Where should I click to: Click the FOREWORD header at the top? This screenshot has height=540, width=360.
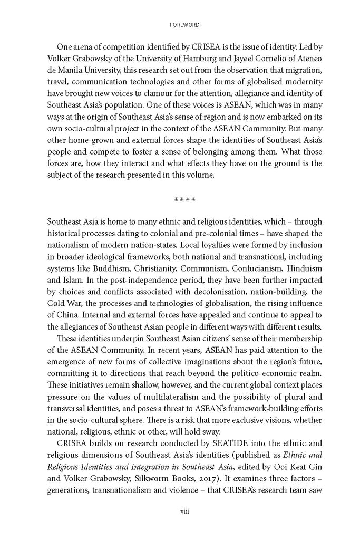pyautogui.click(x=180, y=24)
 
